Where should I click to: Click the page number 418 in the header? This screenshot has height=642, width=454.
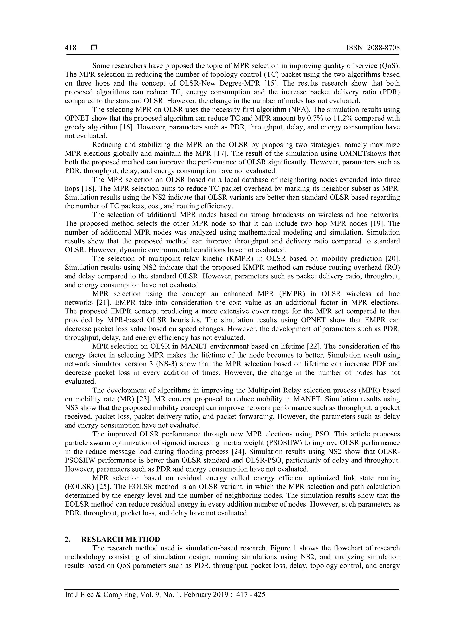coord(70,48)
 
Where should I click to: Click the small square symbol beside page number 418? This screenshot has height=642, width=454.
coord(94,48)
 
